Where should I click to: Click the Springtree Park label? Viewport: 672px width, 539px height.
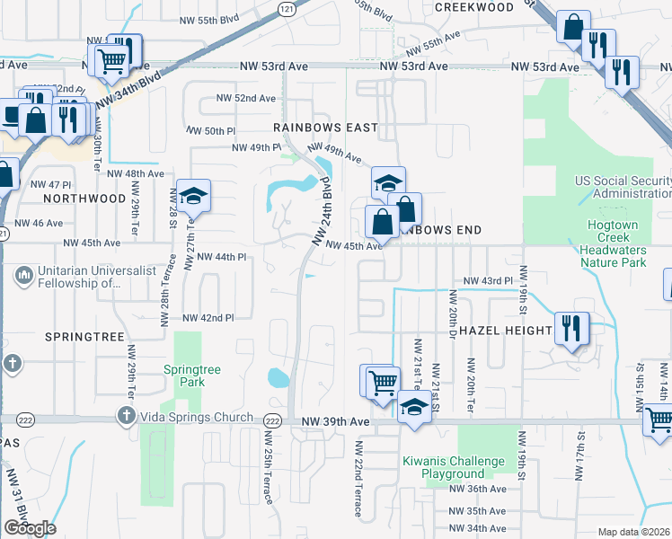(x=184, y=376)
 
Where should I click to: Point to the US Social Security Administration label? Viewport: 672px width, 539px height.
(x=625, y=187)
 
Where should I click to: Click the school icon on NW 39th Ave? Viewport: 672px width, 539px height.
(x=413, y=406)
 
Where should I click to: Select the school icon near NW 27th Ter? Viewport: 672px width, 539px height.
(x=192, y=195)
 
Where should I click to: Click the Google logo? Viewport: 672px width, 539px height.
(x=30, y=528)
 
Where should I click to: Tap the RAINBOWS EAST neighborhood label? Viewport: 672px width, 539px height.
(x=325, y=128)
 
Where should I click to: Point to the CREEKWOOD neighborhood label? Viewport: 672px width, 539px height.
(x=473, y=6)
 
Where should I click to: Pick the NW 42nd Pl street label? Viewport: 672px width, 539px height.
(x=208, y=318)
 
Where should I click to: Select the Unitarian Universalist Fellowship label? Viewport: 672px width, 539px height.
(x=76, y=277)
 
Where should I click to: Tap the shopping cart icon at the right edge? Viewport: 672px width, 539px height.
(x=659, y=419)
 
